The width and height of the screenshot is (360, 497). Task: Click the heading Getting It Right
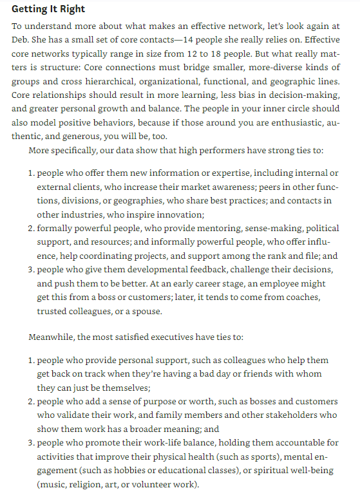[48, 9]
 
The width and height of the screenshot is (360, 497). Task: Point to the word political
[320, 229]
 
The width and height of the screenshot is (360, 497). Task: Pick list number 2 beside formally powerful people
[32, 229]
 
